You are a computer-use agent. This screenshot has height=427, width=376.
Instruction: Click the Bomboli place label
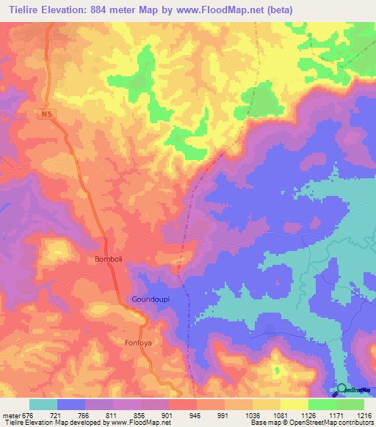click(111, 259)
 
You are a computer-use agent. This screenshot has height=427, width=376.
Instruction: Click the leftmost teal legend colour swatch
click(43, 404)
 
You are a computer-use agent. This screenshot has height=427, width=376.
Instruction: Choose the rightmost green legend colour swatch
click(350, 404)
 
